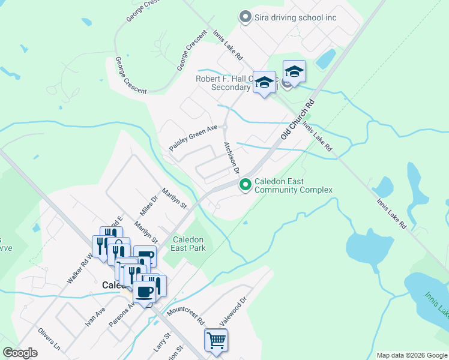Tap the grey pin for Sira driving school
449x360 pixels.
click(x=245, y=17)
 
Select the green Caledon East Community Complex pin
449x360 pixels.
click(x=245, y=185)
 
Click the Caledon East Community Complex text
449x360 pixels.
click(x=293, y=186)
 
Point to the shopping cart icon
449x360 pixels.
click(x=216, y=340)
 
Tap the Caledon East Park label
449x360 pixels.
click(x=189, y=243)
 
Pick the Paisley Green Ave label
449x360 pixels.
click(x=193, y=137)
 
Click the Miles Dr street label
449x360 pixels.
click(x=148, y=206)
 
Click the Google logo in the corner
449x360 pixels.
click(x=20, y=352)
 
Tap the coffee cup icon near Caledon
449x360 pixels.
click(x=144, y=292)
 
